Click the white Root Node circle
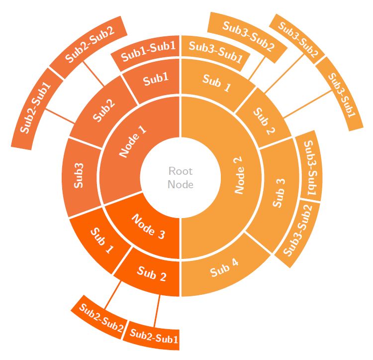pyautogui.click(x=180, y=178)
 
